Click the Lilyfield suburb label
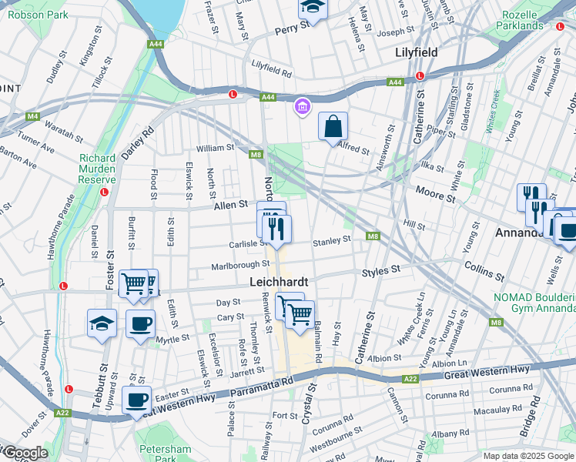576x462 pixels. click(416, 52)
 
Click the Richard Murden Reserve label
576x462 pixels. click(97, 169)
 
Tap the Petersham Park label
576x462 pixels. click(164, 454)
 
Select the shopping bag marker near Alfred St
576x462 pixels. click(333, 127)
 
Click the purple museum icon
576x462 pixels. click(303, 106)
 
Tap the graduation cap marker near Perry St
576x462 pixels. click(313, 8)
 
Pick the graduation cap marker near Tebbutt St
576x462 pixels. click(102, 324)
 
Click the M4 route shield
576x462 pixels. click(32, 116)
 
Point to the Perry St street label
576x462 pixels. click(293, 25)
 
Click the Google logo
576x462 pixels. click(25, 453)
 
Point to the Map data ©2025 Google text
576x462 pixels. click(527, 456)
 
